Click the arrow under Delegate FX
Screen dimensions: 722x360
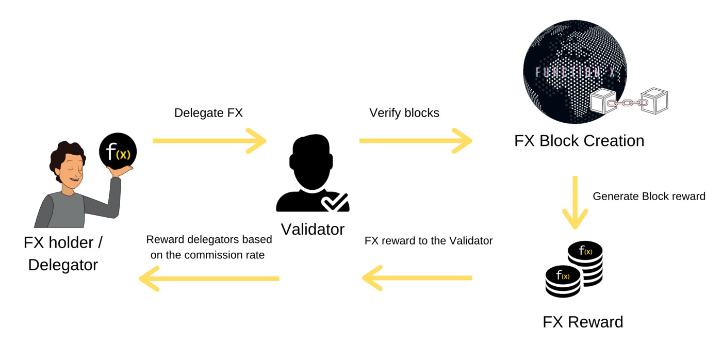209,141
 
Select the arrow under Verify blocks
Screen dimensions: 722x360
416,141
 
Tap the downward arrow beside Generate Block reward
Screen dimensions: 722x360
575,202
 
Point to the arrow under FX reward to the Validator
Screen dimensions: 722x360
417,278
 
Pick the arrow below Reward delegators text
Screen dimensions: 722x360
209,279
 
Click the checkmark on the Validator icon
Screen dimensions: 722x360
335,202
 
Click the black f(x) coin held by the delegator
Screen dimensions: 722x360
118,152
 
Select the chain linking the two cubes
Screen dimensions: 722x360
628,103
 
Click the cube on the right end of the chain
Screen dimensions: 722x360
654,101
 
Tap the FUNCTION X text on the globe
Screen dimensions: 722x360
576,72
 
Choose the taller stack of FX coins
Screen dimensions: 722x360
585,263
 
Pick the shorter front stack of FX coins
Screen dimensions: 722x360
563,282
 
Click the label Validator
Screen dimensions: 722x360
313,230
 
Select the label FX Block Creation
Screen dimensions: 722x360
579,141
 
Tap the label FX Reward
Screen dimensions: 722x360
583,322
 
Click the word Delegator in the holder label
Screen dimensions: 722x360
63,265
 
